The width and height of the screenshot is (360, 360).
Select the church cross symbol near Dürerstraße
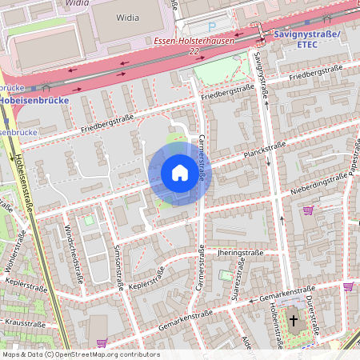tap(294, 322)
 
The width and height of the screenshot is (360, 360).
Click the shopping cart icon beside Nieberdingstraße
tap(308, 210)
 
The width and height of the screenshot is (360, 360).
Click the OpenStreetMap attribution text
tap(80, 354)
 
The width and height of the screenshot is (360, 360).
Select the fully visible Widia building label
tap(127, 16)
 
